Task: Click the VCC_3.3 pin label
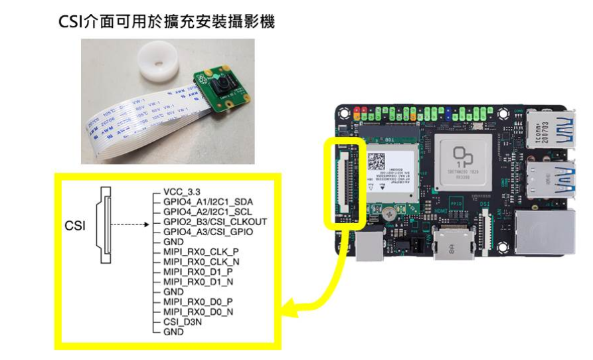[x=180, y=190]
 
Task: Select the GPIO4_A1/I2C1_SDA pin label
[x=208, y=201]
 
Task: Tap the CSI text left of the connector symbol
[x=74, y=226]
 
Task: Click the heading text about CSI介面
[x=167, y=22]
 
